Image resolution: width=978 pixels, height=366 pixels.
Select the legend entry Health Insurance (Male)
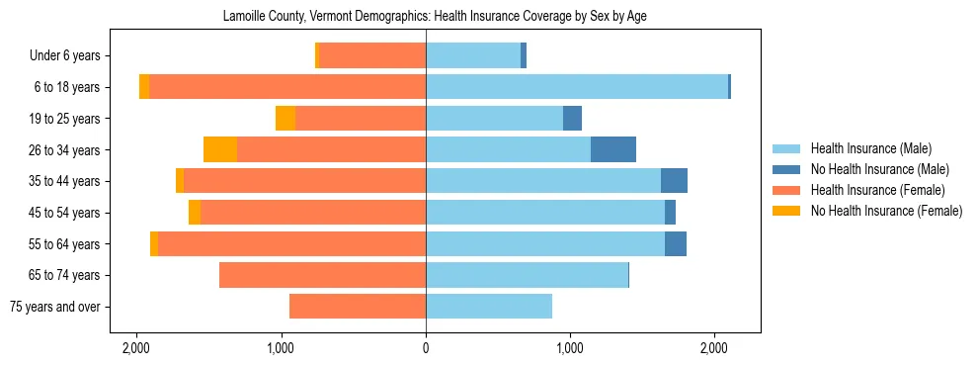click(870, 148)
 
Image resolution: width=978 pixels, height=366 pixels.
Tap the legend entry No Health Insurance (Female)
click(885, 211)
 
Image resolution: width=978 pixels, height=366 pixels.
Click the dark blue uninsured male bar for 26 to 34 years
click(613, 150)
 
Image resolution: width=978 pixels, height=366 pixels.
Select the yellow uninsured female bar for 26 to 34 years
click(220, 150)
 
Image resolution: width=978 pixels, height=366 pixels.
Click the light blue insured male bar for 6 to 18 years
click(577, 87)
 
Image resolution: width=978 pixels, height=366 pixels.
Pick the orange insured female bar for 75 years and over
click(358, 307)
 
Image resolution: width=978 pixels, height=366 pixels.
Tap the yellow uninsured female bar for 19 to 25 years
click(285, 119)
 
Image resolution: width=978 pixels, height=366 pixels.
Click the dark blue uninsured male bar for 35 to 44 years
click(674, 181)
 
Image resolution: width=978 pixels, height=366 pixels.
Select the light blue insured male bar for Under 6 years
click(473, 56)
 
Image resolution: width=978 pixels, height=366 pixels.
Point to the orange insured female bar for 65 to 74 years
click(322, 275)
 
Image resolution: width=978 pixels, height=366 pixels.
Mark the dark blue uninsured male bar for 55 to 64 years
click(676, 244)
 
